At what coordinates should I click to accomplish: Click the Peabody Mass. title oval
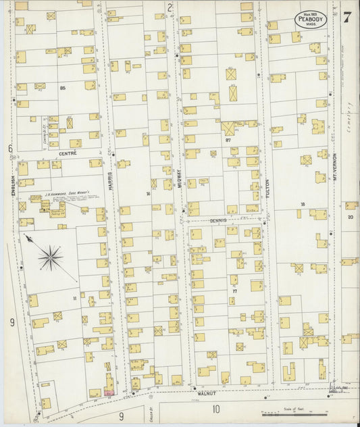point(310,19)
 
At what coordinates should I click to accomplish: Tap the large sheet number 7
point(346,18)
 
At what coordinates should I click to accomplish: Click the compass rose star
point(50,257)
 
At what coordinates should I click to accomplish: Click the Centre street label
point(68,153)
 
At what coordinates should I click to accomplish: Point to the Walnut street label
point(206,392)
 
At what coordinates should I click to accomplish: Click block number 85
point(62,88)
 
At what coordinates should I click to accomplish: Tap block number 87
point(228,140)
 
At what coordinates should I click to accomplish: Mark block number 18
point(303,203)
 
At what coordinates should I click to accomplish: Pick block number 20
point(351,217)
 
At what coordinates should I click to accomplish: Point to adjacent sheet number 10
point(216,409)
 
